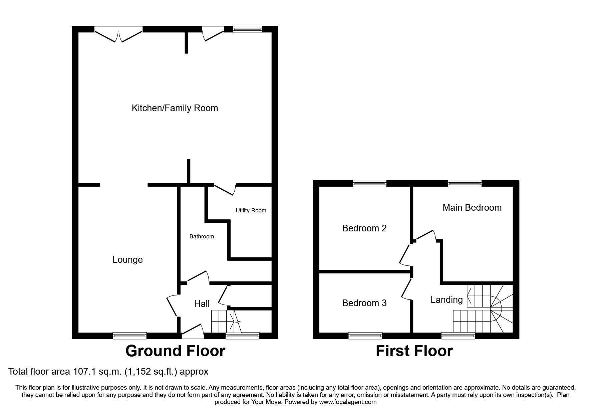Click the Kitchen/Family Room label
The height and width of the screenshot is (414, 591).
tap(175, 108)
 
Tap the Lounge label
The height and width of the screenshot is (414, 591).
tap(127, 260)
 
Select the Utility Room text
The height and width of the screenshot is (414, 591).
tap(251, 211)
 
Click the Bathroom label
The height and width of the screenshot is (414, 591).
tap(202, 237)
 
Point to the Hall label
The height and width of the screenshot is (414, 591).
tap(202, 304)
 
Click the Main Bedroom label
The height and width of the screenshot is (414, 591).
tap(472, 208)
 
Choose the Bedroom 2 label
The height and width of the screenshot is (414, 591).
tap(364, 228)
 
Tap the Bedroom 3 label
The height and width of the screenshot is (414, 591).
tap(364, 303)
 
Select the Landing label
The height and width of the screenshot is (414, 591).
tap(447, 300)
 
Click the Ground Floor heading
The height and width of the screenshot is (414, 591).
tap(175, 351)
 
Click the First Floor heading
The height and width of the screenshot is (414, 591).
tap(414, 351)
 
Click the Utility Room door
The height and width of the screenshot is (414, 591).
tap(226, 189)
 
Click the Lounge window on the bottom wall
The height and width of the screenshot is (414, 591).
tap(129, 336)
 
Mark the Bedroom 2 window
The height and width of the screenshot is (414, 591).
tap(370, 183)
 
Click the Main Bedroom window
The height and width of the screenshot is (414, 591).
tap(465, 183)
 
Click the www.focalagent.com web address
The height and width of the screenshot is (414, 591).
tap(348, 402)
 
